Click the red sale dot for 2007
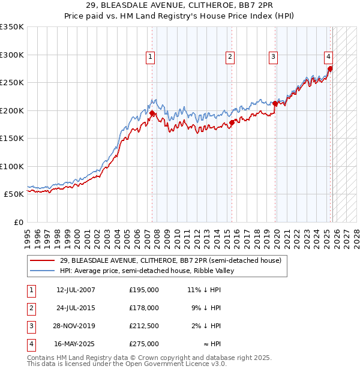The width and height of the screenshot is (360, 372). click(x=152, y=113)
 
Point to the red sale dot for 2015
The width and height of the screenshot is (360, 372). click(x=232, y=123)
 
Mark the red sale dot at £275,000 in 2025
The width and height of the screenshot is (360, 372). click(x=330, y=68)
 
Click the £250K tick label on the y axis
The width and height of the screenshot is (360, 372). click(x=12, y=83)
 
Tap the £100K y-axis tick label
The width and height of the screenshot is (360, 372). click(x=12, y=166)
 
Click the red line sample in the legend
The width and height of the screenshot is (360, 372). click(x=43, y=260)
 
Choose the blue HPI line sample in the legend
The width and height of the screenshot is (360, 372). click(x=43, y=271)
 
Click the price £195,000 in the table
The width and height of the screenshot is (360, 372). click(x=144, y=290)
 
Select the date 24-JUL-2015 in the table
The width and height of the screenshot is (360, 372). click(x=76, y=308)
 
